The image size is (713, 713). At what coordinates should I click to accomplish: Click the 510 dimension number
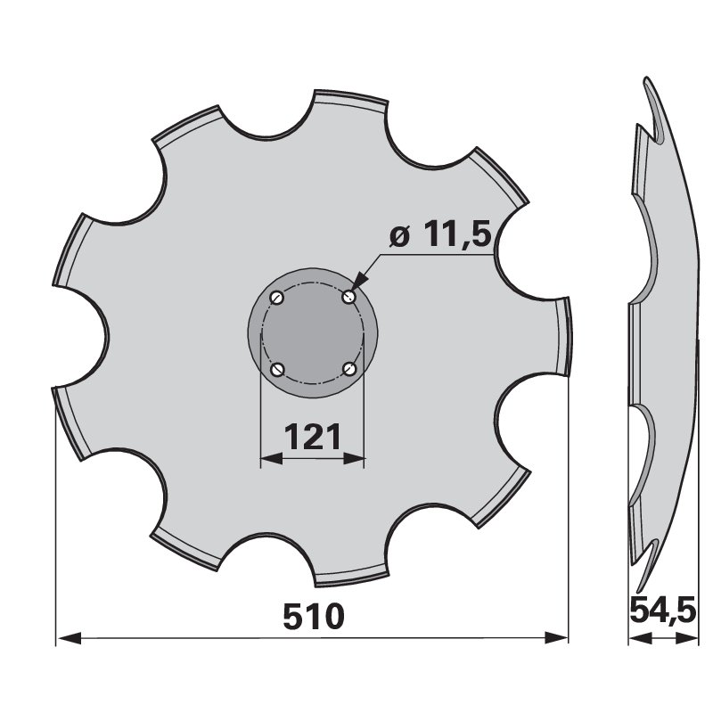pyautogui.click(x=314, y=616)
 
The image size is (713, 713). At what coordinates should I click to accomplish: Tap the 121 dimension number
pyautogui.click(x=313, y=436)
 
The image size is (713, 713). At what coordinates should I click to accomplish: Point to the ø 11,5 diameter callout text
pyautogui.click(x=440, y=234)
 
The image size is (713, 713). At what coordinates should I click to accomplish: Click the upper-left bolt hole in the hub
pyautogui.click(x=277, y=298)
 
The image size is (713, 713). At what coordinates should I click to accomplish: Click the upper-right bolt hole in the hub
pyautogui.click(x=348, y=298)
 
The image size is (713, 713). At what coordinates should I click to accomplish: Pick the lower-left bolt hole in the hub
pyautogui.click(x=277, y=369)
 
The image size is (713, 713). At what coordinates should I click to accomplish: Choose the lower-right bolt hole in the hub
pyautogui.click(x=348, y=369)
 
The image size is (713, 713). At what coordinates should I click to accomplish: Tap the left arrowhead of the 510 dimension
pyautogui.click(x=70, y=638)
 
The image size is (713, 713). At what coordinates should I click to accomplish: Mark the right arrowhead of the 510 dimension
pyautogui.click(x=556, y=638)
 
